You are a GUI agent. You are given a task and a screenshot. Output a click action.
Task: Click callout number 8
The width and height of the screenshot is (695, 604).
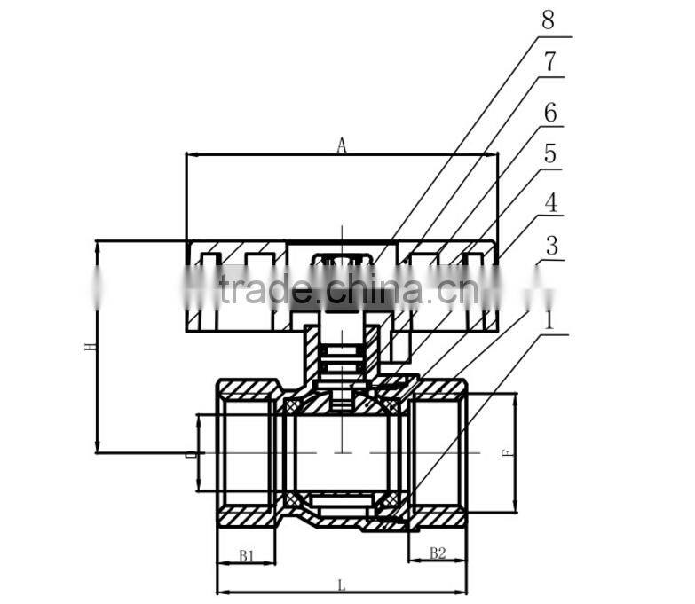(549, 20)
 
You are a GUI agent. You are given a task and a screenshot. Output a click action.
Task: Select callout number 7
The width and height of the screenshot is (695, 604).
(549, 63)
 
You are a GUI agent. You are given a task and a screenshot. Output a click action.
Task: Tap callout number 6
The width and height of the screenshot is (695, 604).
(549, 113)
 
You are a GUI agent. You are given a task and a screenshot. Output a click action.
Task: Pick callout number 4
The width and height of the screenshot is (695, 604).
(550, 201)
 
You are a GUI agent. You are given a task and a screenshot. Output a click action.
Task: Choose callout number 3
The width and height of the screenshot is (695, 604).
(550, 246)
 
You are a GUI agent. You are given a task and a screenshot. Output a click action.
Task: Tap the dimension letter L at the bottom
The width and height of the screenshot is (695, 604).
(342, 584)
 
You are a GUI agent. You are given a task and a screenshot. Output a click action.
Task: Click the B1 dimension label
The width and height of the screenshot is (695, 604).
(247, 555)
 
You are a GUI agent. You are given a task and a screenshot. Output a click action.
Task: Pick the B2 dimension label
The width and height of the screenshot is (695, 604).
(438, 553)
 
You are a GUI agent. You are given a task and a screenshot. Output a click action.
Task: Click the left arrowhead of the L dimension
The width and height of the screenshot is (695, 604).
(222, 592)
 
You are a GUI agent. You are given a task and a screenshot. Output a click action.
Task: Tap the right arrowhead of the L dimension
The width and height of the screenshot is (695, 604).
(462, 592)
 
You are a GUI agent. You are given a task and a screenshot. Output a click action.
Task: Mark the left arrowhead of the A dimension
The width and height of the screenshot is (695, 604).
(190, 155)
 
